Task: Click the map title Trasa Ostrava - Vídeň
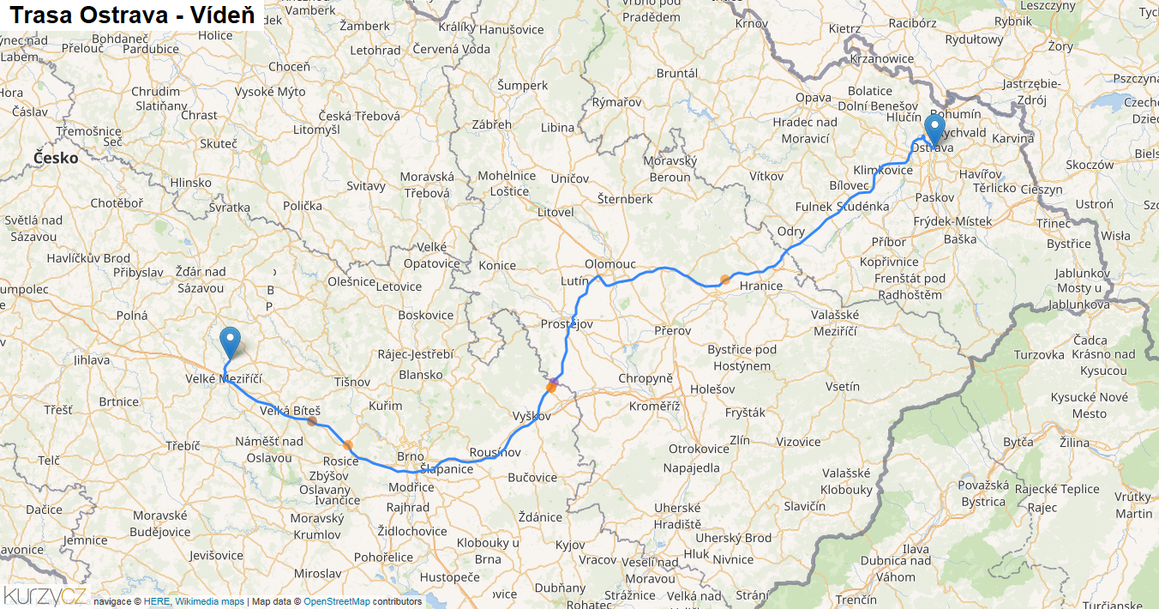pos(132,15)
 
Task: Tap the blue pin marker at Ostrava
pos(934,129)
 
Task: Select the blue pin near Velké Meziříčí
pos(230,342)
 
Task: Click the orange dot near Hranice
pos(725,279)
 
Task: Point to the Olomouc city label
pos(610,263)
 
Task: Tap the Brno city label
pos(411,456)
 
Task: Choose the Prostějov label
pos(567,324)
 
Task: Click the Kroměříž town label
pos(655,406)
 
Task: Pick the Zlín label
pos(739,440)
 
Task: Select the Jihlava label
pos(92,360)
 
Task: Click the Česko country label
pos(56,158)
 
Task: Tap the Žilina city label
pos(1074,443)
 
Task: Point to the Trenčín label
pos(856,600)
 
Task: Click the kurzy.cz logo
pos(45,595)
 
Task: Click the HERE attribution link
pos(157,601)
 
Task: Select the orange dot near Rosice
pos(347,444)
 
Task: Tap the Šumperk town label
pos(522,85)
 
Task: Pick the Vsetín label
pos(842,386)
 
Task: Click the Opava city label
pos(814,98)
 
